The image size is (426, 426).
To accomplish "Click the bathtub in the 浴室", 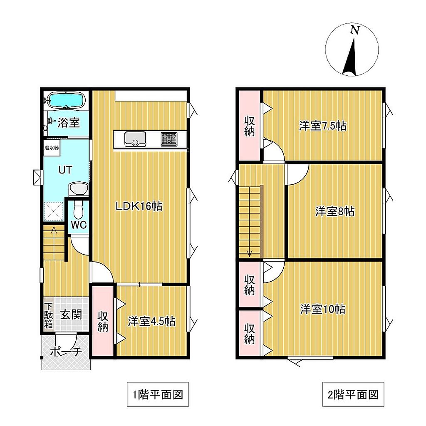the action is (67, 100).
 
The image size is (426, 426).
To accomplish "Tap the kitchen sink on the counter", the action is (135, 139).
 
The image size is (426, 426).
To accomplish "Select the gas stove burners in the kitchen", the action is (169, 139).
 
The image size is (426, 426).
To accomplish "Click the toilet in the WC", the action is (78, 210).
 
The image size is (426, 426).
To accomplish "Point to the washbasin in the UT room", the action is (78, 188).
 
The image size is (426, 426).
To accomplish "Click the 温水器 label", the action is (52, 148).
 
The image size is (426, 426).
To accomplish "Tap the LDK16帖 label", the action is (139, 206).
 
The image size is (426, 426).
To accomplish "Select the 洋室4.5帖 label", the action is (151, 322).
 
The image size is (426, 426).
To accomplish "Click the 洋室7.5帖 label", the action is (323, 126).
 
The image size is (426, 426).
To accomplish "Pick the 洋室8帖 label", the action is (335, 211).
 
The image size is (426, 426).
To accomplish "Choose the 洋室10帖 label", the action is (323, 309).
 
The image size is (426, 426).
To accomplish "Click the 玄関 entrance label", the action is (71, 315).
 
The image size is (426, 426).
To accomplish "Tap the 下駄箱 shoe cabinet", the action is (49, 315).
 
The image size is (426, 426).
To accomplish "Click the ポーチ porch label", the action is (66, 352).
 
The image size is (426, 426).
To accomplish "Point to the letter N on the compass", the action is (355, 30).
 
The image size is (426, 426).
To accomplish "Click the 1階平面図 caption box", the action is (158, 394).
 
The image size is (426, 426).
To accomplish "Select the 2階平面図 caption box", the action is (353, 394).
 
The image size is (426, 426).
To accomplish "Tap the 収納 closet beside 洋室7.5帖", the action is (250, 126).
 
